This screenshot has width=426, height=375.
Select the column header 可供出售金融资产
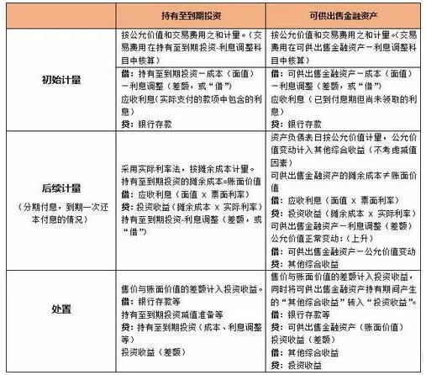(x=340, y=15)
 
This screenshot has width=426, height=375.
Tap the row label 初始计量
(x=59, y=79)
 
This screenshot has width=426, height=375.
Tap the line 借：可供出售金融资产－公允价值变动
(x=344, y=250)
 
